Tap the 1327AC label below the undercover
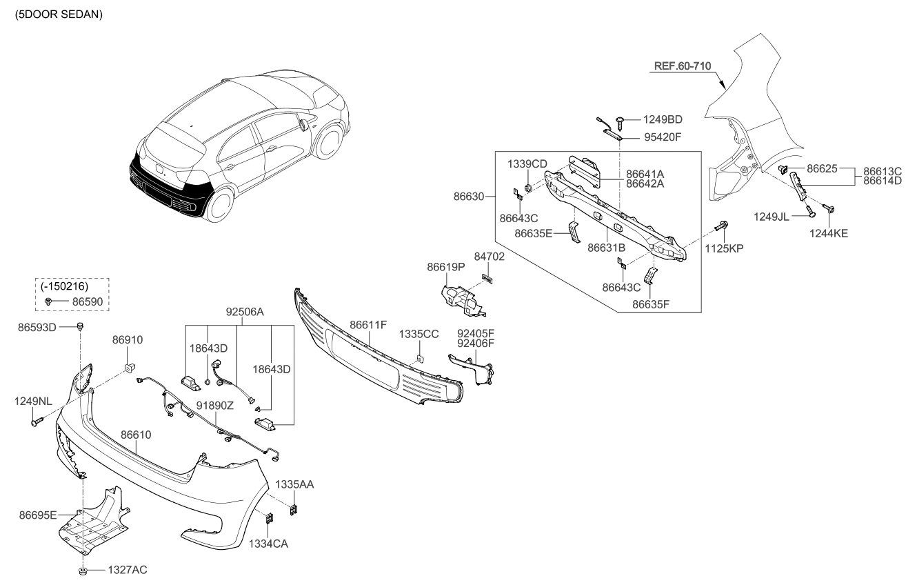coord(127,570)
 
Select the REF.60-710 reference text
coord(681,66)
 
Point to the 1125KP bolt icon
coord(722,226)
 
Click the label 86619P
coord(445,266)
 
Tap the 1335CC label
coord(419,334)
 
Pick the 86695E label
coord(39,514)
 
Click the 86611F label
coord(367,323)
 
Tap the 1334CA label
coord(269,544)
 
